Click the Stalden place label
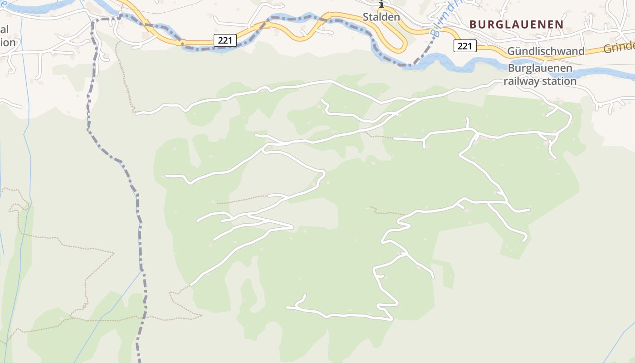point(381,17)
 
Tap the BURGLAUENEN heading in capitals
point(516,24)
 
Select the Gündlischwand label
point(546,51)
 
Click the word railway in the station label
point(523,81)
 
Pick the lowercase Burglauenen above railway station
point(540,69)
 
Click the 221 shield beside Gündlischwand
point(464,46)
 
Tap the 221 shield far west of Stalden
point(225,40)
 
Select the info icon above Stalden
point(381,4)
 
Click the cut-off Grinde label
point(619,48)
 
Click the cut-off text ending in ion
point(8,43)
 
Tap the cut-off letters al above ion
point(5,29)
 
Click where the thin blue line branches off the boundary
point(142,271)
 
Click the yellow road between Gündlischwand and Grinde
point(594,51)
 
